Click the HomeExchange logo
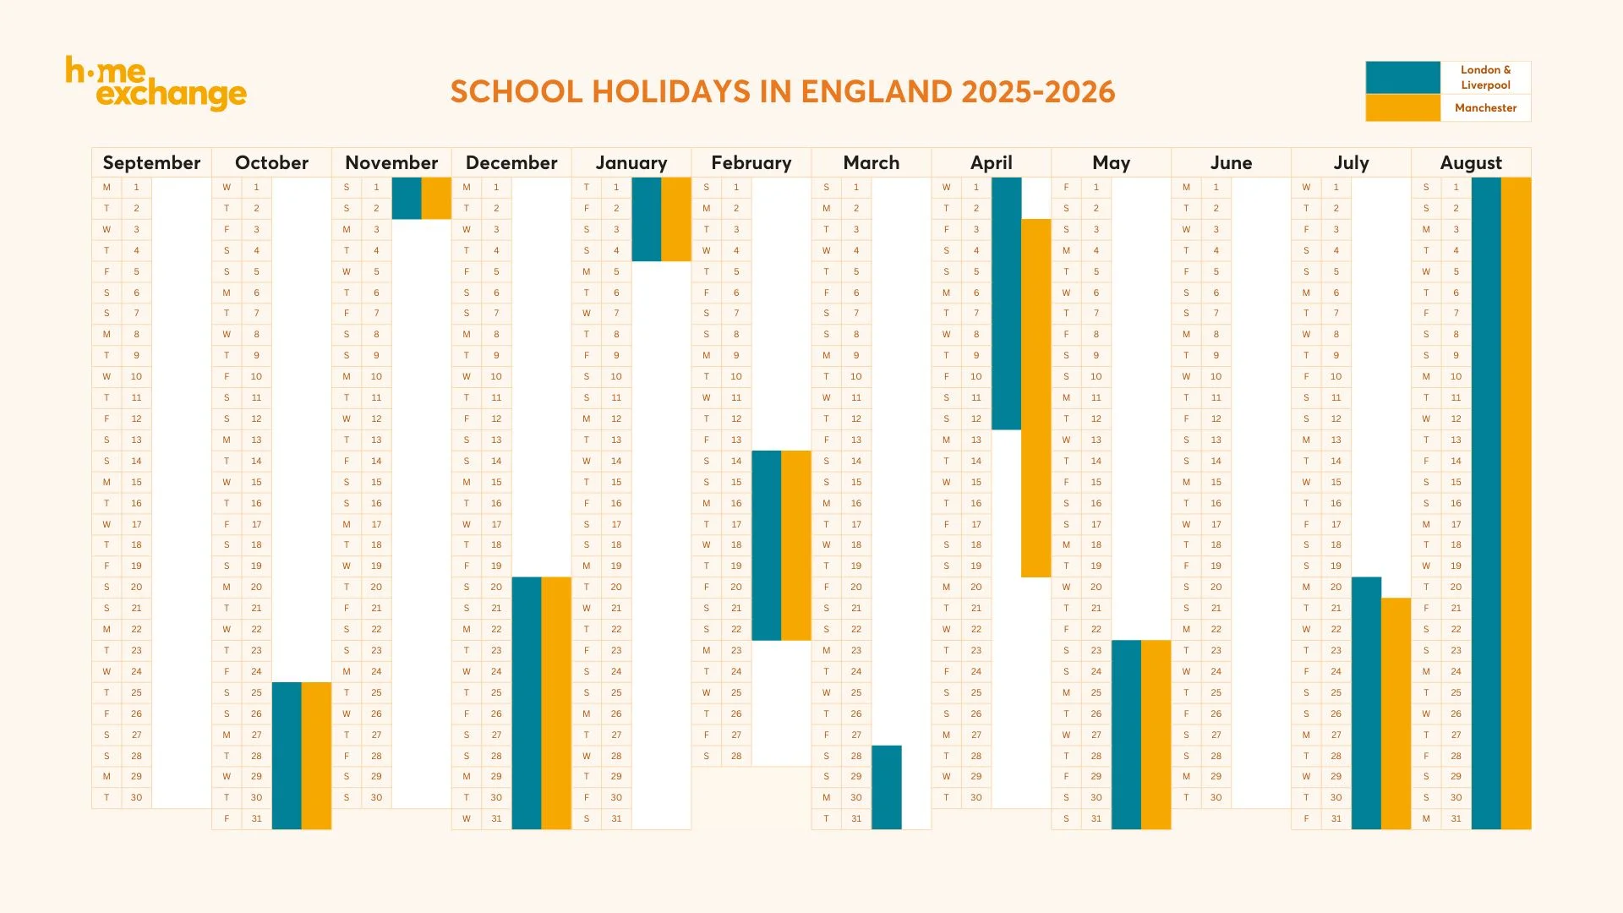(156, 84)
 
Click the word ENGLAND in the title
(876, 91)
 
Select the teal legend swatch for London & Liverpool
(1402, 77)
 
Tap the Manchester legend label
(1485, 107)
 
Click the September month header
(151, 162)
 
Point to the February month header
(751, 162)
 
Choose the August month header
(1471, 162)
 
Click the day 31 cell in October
(256, 818)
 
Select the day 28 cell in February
(736, 756)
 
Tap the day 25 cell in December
(496, 692)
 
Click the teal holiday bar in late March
(886, 787)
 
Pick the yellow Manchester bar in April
(1036, 397)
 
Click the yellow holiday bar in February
(795, 545)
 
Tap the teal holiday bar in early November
(407, 198)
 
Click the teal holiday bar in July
(1366, 703)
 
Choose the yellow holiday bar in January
(676, 219)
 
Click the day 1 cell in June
(1216, 187)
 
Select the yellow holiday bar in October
(316, 755)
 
